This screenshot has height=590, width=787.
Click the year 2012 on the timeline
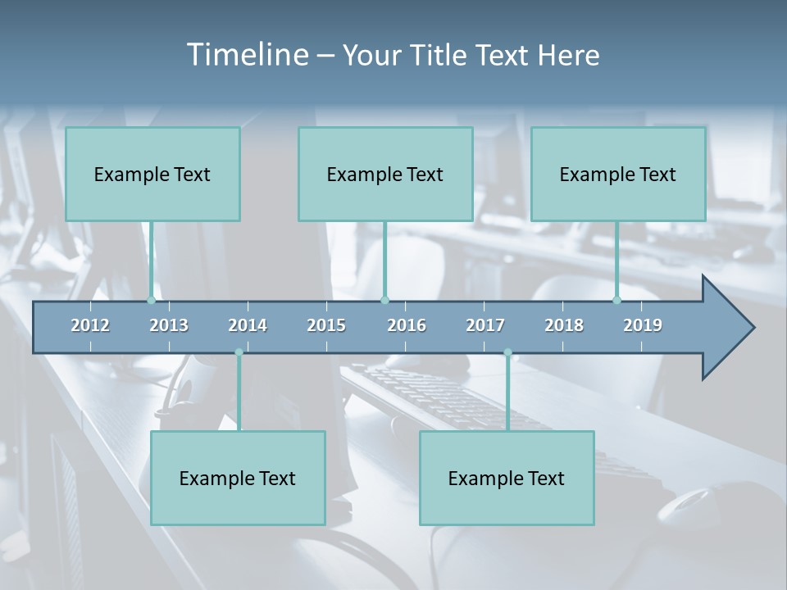tap(90, 325)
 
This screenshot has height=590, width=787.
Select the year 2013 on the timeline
tap(169, 325)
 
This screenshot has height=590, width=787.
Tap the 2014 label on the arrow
tap(248, 325)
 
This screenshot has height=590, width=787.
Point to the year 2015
tap(326, 325)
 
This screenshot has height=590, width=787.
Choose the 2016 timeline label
tap(407, 325)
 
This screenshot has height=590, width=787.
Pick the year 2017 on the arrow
tap(485, 325)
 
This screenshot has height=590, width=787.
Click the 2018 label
tap(564, 325)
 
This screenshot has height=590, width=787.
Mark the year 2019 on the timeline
tap(643, 325)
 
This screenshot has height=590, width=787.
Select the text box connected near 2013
tap(152, 174)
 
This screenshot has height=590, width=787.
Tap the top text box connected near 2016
tap(385, 174)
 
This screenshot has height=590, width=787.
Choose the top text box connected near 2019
tap(618, 174)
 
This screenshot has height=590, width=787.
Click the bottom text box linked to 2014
tap(238, 478)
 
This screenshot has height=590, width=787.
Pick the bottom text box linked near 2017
tap(507, 478)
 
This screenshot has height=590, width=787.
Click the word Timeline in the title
tap(247, 55)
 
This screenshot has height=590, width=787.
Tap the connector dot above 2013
tap(152, 300)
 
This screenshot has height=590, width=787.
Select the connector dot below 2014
tap(239, 352)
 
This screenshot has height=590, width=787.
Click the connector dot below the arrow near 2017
tap(507, 352)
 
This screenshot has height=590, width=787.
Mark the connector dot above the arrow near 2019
tap(617, 300)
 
